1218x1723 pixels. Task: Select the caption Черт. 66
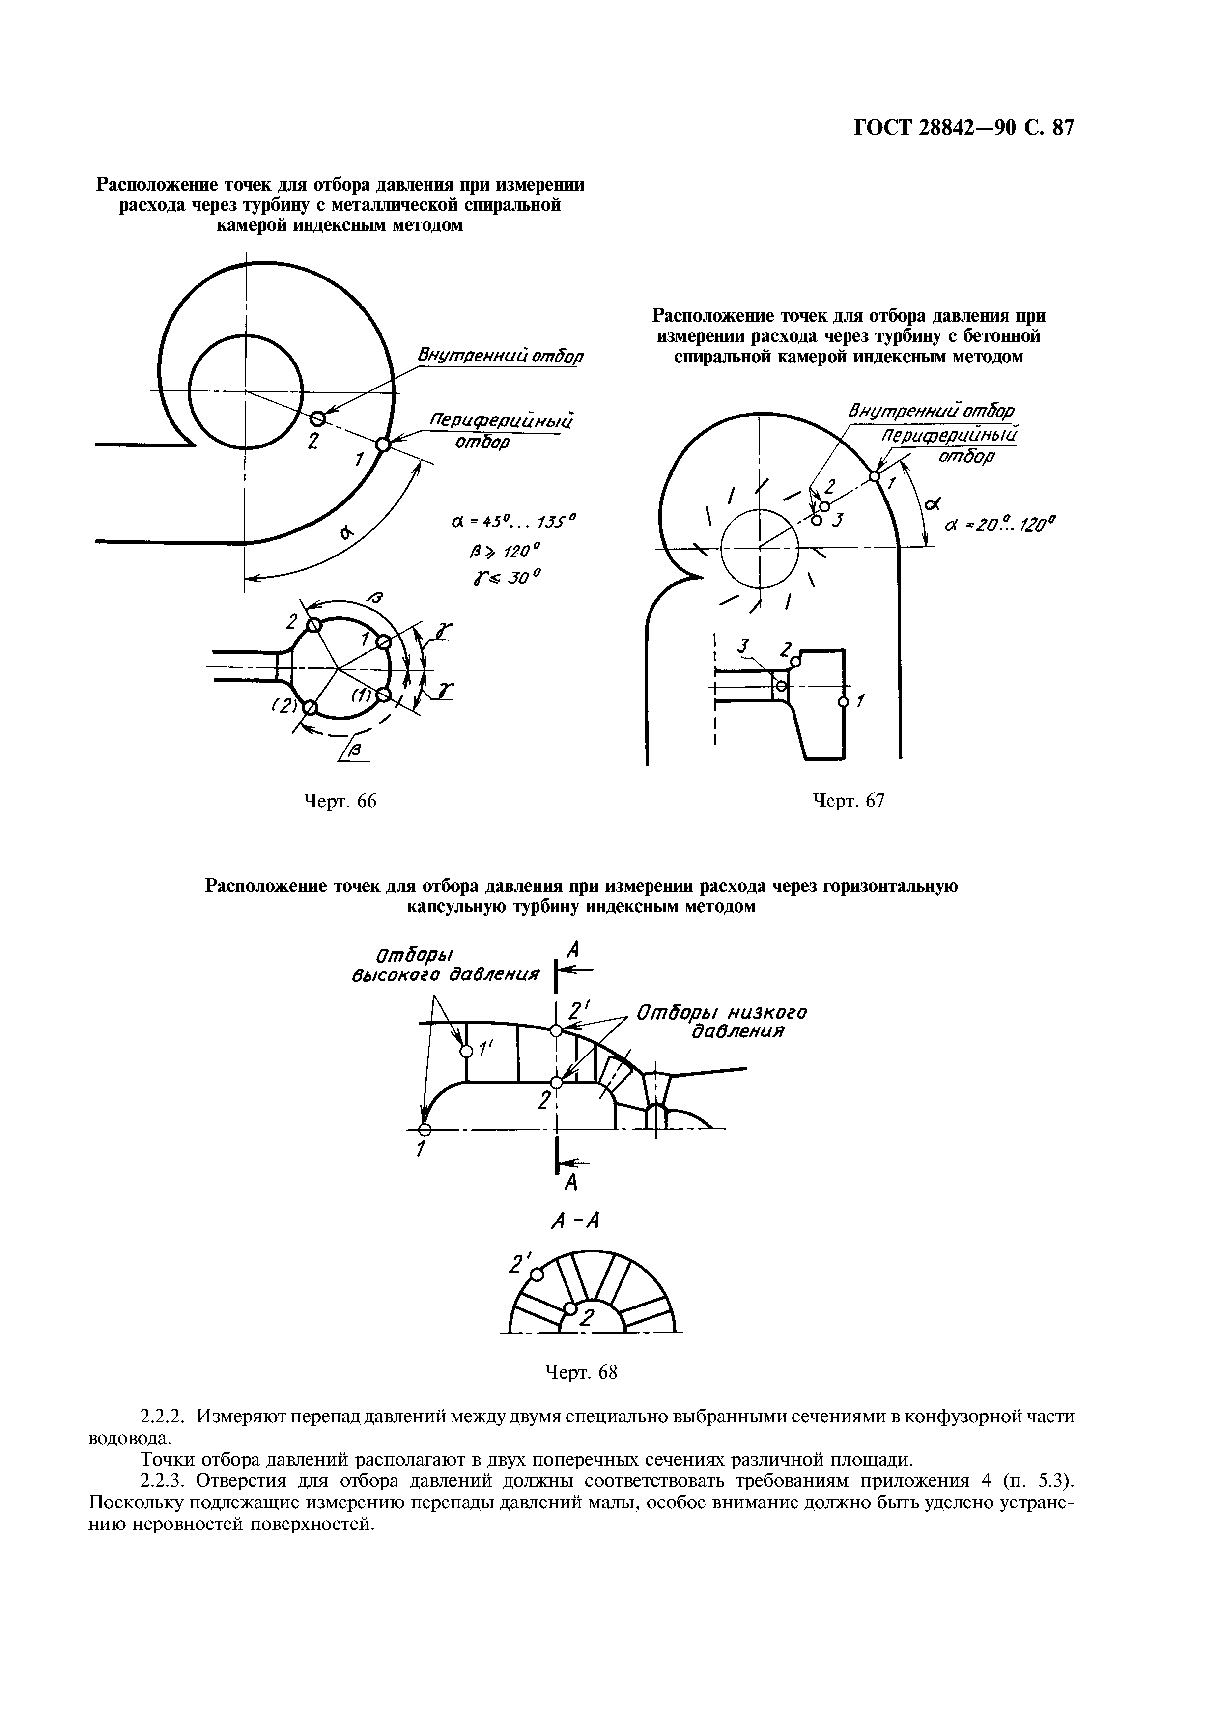pyautogui.click(x=339, y=802)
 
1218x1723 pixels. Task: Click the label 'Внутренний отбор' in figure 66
pyautogui.click(x=501, y=355)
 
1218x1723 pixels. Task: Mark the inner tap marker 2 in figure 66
pyautogui.click(x=317, y=418)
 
